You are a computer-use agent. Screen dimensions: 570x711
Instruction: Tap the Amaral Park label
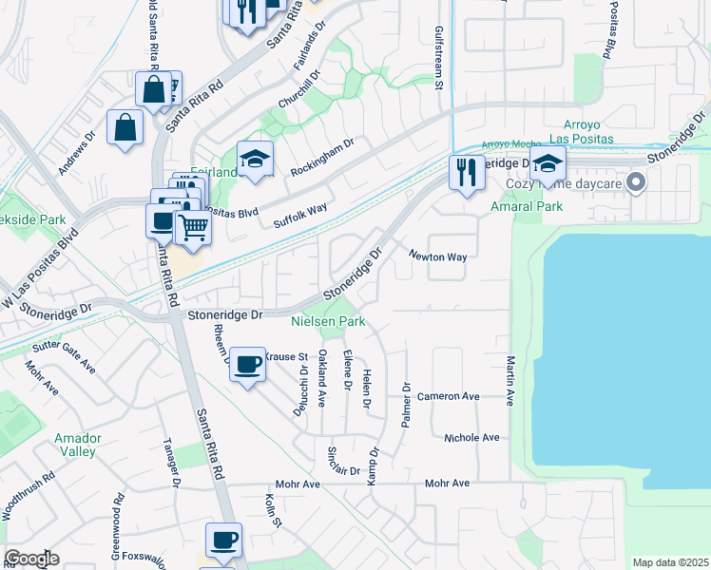point(526,206)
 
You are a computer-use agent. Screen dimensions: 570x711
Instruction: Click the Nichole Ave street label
point(471,438)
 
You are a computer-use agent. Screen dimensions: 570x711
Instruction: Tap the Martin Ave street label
point(510,381)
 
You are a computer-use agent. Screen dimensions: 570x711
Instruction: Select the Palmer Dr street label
point(406,404)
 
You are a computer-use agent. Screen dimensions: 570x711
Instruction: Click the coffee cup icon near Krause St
point(247,365)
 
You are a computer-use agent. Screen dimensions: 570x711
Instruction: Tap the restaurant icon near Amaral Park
point(466,173)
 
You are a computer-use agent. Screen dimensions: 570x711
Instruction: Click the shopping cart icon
point(193,228)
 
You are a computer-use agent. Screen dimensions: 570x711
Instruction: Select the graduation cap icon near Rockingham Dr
point(255,160)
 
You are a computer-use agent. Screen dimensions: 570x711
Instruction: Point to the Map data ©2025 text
point(669,562)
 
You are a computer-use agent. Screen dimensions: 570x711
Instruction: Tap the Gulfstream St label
point(439,57)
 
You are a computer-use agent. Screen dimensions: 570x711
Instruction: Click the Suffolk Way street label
point(300,215)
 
